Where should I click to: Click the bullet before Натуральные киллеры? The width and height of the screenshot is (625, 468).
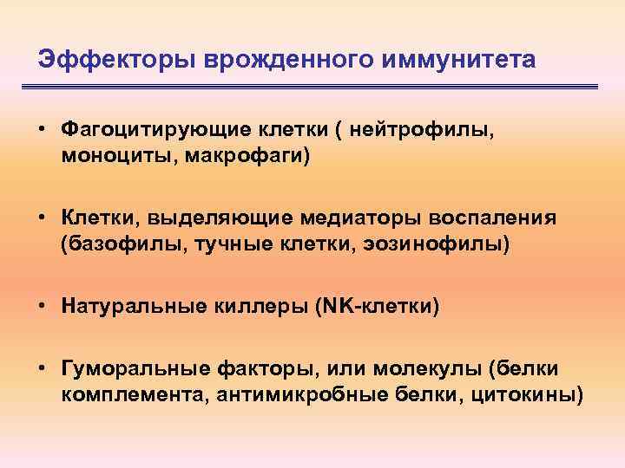click(x=43, y=304)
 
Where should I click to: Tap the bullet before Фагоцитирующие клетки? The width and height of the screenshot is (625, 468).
click(x=43, y=130)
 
